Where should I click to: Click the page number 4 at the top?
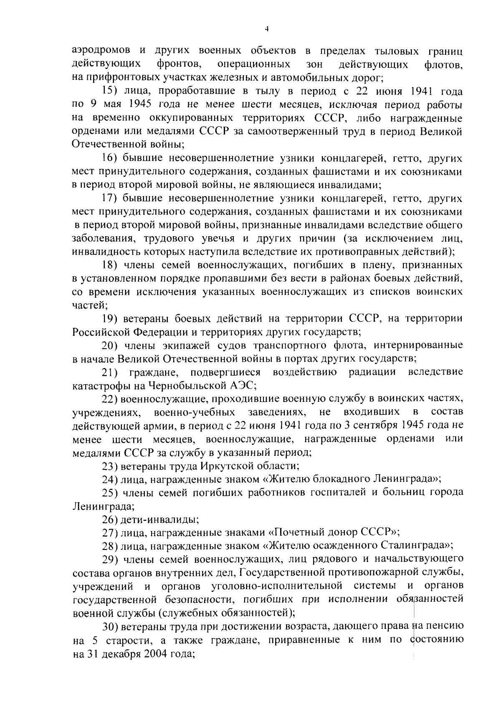267,28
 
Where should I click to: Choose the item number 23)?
110,465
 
